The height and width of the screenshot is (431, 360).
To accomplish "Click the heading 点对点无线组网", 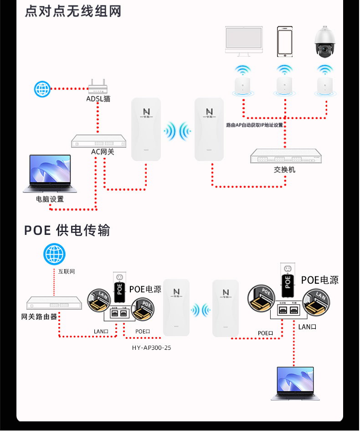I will coord(73,11).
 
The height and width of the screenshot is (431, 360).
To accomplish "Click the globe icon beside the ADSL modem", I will coord(42,88).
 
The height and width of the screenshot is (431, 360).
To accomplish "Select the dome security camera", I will coord(324,42).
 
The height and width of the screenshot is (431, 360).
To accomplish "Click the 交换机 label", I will coord(285,169).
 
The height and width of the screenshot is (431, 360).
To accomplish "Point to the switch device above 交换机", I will coord(285,156).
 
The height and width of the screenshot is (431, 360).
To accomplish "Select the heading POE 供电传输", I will coord(67,230).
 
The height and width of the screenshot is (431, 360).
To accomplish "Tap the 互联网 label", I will coord(67,271).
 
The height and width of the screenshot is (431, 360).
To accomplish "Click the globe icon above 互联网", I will coord(54,254).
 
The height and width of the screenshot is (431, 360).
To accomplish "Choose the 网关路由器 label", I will coord(39,317).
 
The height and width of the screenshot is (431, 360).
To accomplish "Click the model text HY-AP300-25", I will coord(151,347).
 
